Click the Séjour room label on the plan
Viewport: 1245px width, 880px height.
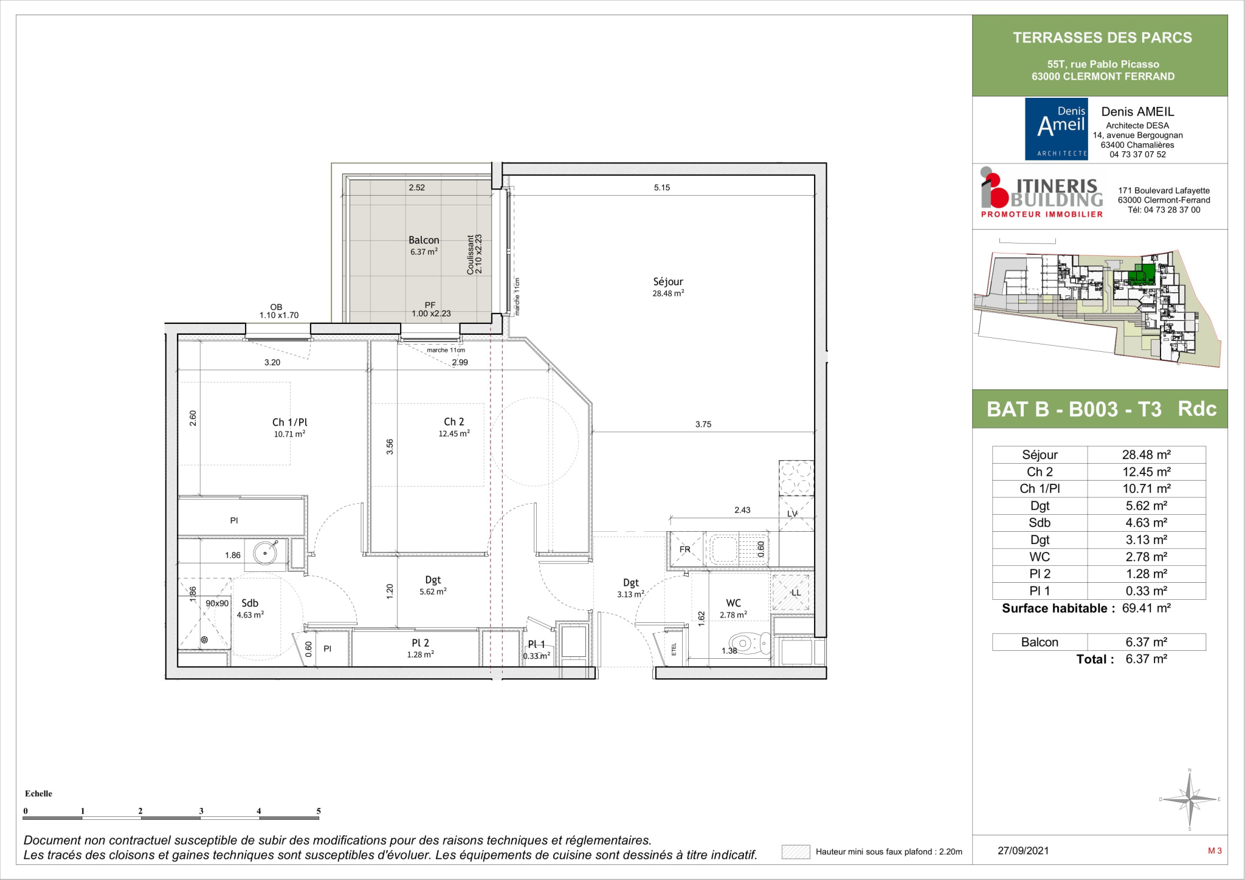(668, 281)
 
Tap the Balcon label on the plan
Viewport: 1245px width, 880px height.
(424, 240)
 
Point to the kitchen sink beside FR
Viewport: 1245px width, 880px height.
(737, 549)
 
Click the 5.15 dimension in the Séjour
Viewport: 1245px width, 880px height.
(662, 188)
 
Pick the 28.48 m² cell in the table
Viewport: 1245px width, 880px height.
(1146, 455)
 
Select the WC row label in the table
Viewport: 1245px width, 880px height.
(1040, 557)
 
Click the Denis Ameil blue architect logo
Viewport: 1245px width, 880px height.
(1056, 129)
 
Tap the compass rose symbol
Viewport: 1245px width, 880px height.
(1189, 799)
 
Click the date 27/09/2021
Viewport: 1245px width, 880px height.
(1023, 851)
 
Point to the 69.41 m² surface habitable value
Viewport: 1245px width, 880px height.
(1147, 608)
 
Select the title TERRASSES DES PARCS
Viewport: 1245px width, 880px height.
(1102, 38)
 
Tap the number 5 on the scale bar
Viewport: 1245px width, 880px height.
(319, 811)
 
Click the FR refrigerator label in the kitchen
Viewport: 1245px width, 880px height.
(685, 549)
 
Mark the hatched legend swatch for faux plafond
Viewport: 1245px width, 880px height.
(796, 851)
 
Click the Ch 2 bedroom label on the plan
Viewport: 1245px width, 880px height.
(454, 422)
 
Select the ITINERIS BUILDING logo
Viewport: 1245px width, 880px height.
(1042, 193)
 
